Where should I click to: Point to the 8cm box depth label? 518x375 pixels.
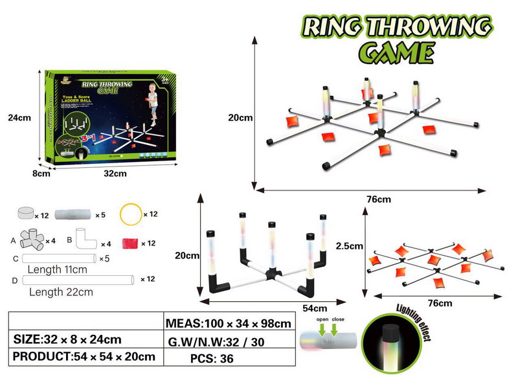click(41, 174)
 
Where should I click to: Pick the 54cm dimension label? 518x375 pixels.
click(315, 308)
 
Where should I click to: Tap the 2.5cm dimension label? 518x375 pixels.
click(349, 246)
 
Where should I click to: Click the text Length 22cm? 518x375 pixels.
click(61, 292)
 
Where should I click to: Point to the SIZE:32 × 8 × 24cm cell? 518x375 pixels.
click(68, 339)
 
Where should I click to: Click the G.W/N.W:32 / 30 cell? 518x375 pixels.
click(217, 339)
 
